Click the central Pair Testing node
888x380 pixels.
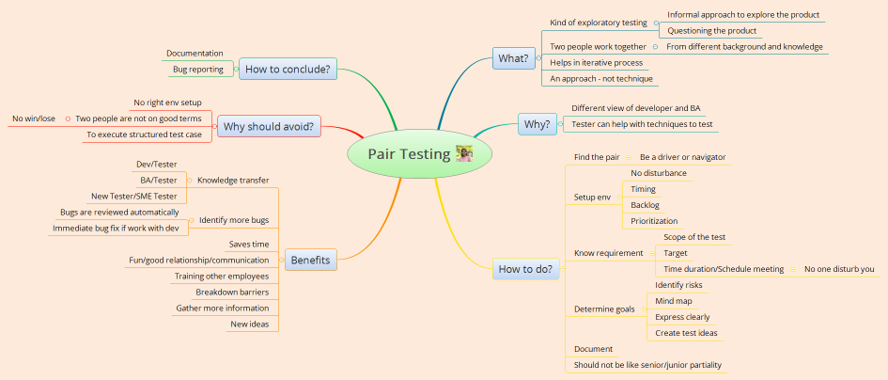tap(410, 154)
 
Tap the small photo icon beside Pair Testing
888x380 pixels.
tap(463, 153)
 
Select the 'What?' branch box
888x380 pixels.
tap(513, 59)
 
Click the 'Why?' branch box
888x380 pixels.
tap(536, 124)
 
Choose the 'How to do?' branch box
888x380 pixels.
tap(526, 269)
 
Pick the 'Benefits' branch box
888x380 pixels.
tap(310, 260)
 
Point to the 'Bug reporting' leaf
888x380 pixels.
tap(197, 70)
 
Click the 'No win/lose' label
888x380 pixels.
tap(33, 119)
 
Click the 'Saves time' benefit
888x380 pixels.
tap(249, 245)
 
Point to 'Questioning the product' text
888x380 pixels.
tap(711, 31)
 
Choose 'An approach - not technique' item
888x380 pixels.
tap(600, 78)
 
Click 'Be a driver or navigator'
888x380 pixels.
tap(682, 157)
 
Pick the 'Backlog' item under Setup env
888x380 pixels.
tap(645, 205)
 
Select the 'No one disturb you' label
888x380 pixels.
tap(839, 269)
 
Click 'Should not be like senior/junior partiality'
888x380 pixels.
tap(647, 365)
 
